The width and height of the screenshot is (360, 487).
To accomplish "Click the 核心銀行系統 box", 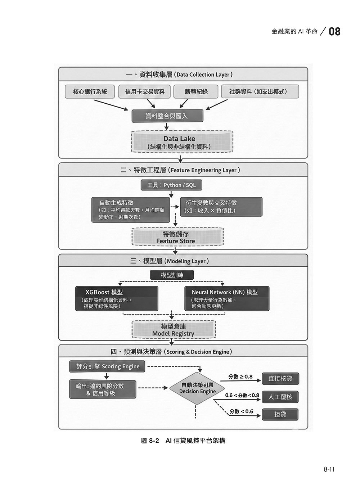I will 90,92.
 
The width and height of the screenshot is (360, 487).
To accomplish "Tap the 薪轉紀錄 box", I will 196,92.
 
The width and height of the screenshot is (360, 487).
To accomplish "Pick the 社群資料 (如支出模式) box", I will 260,92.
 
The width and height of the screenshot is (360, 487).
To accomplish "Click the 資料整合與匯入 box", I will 167,116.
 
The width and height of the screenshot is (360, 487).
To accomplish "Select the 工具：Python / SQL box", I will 171,185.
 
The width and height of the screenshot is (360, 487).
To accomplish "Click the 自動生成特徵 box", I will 130,209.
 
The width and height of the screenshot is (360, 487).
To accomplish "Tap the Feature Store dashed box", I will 177,237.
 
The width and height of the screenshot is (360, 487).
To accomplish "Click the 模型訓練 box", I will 172,275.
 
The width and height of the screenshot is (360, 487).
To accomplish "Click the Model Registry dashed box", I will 174,330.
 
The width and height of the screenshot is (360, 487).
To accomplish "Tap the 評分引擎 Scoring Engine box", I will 108,366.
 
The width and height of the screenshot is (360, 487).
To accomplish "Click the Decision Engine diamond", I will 197,388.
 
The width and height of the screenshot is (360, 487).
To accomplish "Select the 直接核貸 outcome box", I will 280,379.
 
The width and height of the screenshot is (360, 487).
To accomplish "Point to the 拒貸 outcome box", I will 280,414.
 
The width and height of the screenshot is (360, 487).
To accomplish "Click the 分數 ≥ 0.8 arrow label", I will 240,377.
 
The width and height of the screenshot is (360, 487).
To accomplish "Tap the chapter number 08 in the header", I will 334,32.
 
